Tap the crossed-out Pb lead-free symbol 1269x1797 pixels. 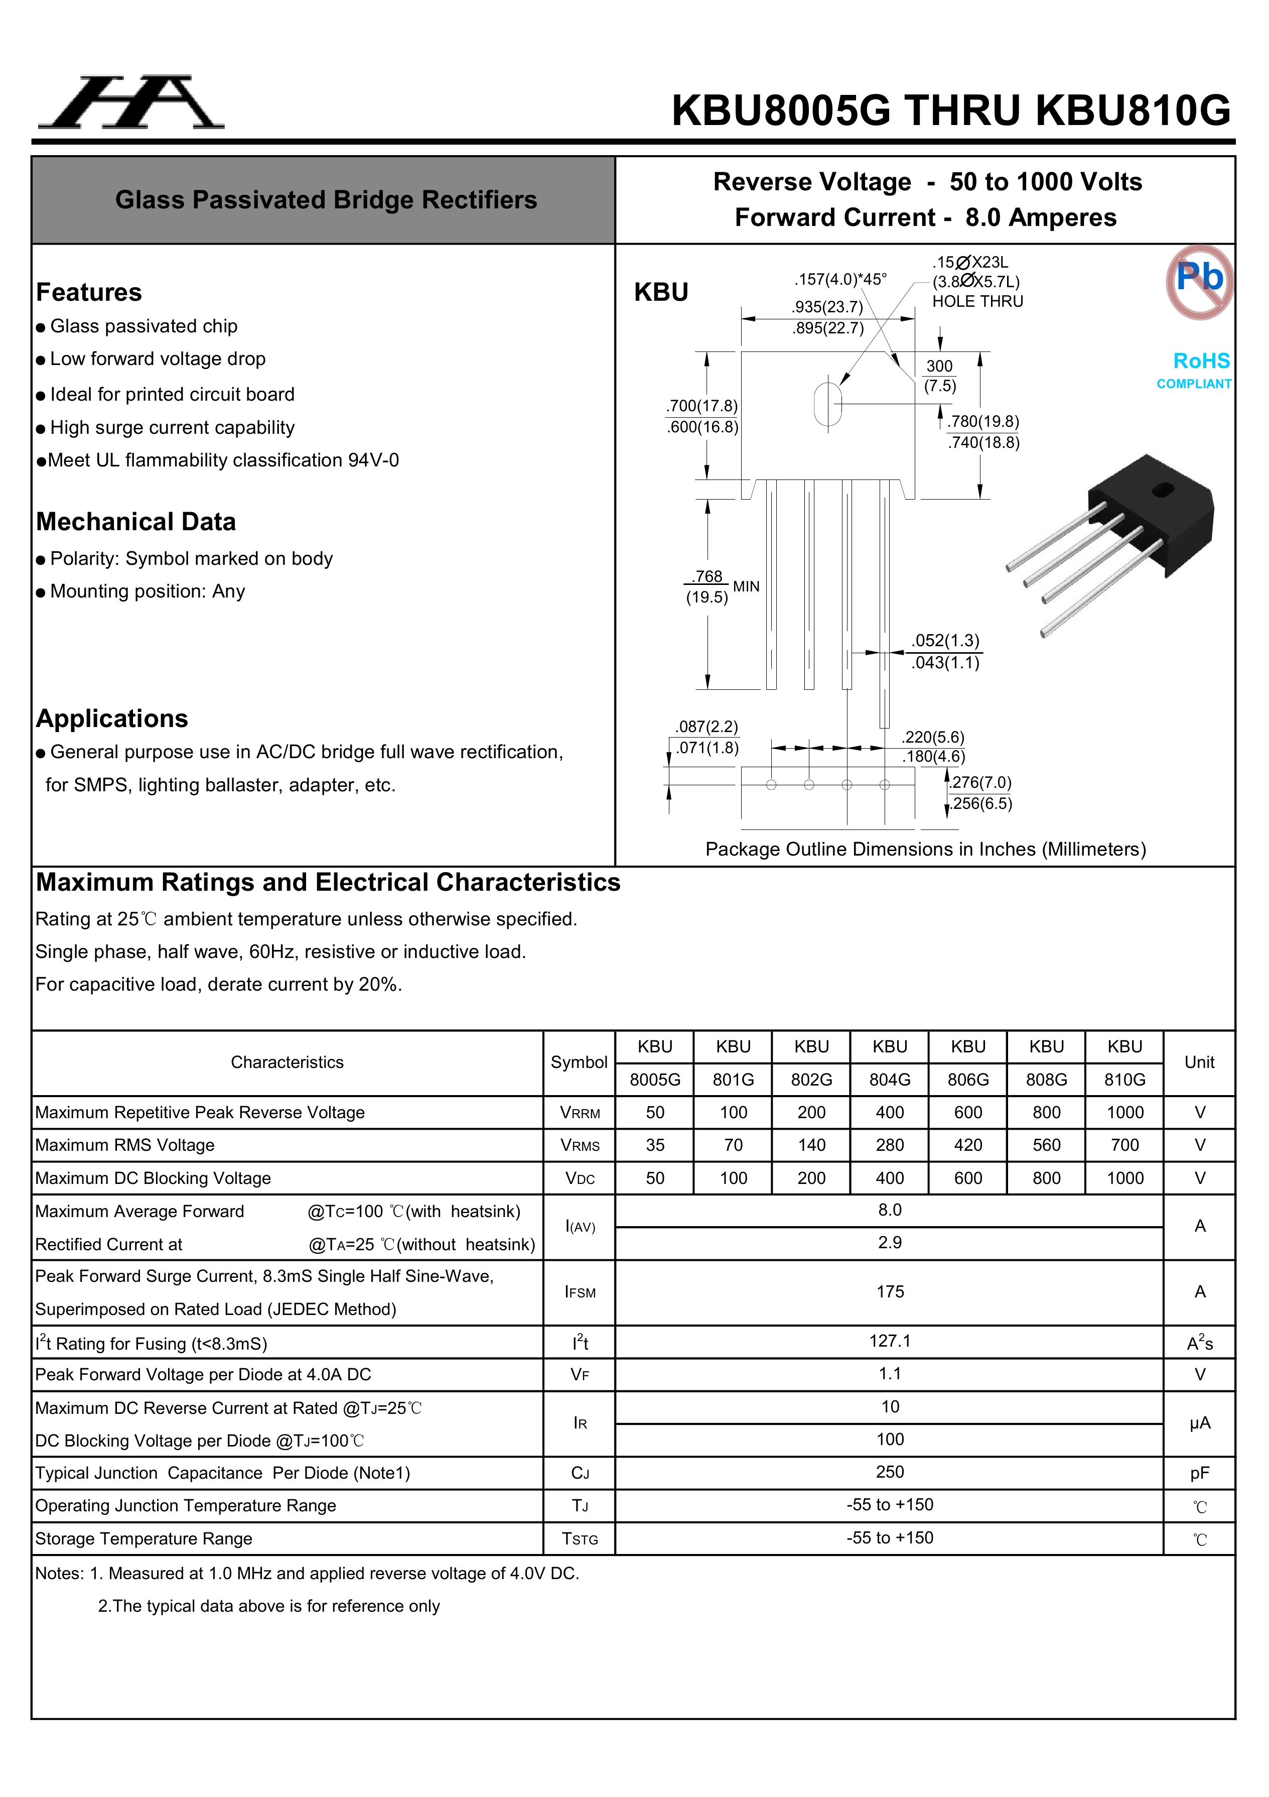pos(1199,282)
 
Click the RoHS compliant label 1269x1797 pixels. pos(1195,370)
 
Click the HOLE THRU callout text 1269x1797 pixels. pos(977,301)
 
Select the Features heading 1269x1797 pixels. pos(89,292)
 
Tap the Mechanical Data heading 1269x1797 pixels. pos(136,521)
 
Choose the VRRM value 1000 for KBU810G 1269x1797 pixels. pos(1124,1112)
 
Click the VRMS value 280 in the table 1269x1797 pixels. pos(890,1145)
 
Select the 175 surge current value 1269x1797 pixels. pos(890,1291)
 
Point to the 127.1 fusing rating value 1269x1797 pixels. pos(890,1341)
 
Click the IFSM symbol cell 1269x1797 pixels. pos(580,1292)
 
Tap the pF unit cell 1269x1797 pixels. pos(1199,1473)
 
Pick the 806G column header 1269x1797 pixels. pos(968,1080)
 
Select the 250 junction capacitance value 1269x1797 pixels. pos(890,1472)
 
